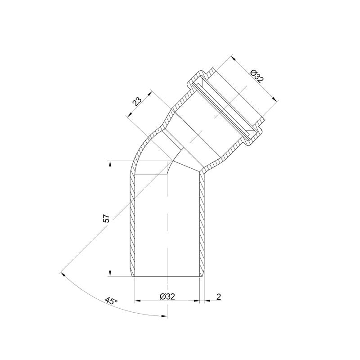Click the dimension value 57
(107, 219)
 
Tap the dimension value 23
(138, 101)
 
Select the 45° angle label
(111, 301)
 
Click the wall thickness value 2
(219, 297)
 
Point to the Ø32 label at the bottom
(167, 297)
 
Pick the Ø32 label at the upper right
(257, 76)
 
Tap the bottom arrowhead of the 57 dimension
(110, 273)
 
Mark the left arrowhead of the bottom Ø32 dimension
(137, 300)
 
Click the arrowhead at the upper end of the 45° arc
(63, 274)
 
